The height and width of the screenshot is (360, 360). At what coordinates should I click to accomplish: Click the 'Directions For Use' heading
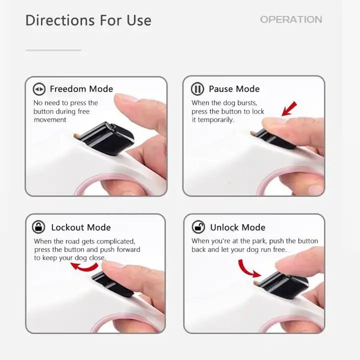pos(88,20)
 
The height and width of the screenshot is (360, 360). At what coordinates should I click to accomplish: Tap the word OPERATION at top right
pos(290,19)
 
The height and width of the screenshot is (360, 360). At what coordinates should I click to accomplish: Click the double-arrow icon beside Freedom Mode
pos(39,89)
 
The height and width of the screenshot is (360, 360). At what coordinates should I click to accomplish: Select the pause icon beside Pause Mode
pos(197,89)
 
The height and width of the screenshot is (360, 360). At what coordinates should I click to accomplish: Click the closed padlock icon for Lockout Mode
pos(38,227)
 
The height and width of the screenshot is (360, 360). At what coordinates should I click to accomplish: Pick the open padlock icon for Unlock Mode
pos(198,227)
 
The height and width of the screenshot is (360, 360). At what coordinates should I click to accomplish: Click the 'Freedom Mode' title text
pos(81,89)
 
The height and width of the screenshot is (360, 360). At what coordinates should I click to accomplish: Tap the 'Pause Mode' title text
pos(234,89)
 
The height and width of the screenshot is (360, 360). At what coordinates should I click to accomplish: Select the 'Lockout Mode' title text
pos(80,227)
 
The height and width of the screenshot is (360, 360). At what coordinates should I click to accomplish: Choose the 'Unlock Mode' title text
pos(237,227)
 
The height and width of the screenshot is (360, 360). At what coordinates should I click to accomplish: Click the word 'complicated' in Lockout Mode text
pos(116,241)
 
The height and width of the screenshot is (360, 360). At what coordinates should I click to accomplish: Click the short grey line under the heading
pos(53,50)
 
